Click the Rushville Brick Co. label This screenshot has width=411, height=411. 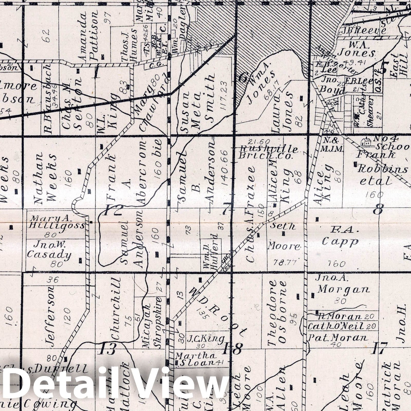pyautogui.click(x=268, y=152)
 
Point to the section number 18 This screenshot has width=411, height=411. pyautogui.click(x=232, y=349)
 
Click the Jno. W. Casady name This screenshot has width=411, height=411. pyautogui.click(x=49, y=250)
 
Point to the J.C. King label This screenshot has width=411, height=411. pyautogui.click(x=207, y=339)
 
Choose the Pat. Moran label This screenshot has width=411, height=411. pyautogui.click(x=338, y=338)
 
